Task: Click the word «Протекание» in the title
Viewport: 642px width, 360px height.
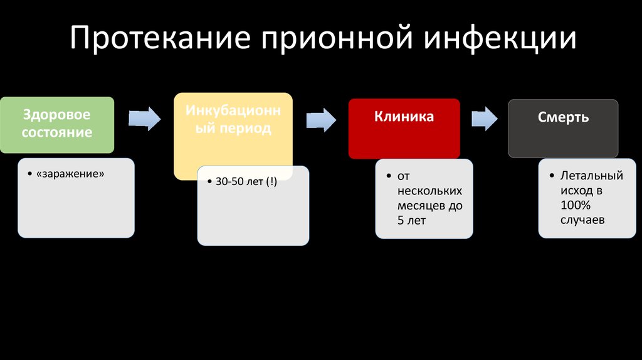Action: tap(160, 38)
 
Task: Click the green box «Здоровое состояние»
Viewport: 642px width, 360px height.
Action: tap(57, 125)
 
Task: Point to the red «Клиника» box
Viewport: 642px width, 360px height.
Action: tap(404, 129)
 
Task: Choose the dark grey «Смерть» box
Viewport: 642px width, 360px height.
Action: tap(563, 128)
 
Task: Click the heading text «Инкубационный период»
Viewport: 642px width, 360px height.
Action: tap(233, 119)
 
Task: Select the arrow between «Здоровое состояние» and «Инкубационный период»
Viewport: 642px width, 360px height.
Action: tap(145, 119)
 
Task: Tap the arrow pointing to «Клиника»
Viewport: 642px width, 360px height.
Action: tap(321, 120)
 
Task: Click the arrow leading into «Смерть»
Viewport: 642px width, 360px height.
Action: tap(485, 119)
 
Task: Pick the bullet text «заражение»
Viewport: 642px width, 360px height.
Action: tap(70, 174)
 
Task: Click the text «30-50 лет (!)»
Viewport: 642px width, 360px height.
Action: tap(246, 181)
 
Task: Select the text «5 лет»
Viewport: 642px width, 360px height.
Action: tap(411, 220)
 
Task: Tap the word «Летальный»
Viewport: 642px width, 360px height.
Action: tap(592, 176)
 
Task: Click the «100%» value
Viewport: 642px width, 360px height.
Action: tap(576, 205)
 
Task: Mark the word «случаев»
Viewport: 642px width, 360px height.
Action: tap(582, 220)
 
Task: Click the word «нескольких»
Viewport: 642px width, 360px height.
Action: tap(429, 191)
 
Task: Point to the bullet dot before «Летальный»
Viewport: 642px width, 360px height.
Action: tap(552, 176)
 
